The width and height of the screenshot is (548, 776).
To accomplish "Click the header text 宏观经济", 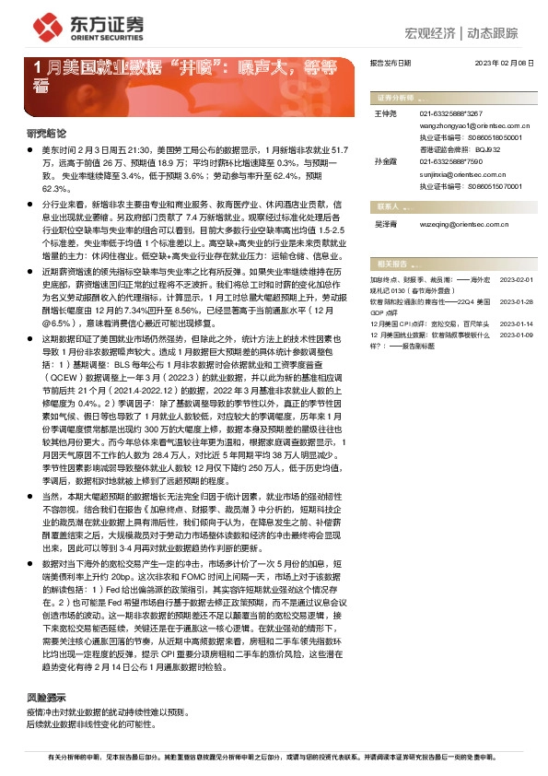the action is (x=431, y=34).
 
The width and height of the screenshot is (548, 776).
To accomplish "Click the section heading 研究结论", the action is (x=46, y=133).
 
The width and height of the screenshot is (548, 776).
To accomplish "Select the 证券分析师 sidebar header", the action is (x=395, y=97).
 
